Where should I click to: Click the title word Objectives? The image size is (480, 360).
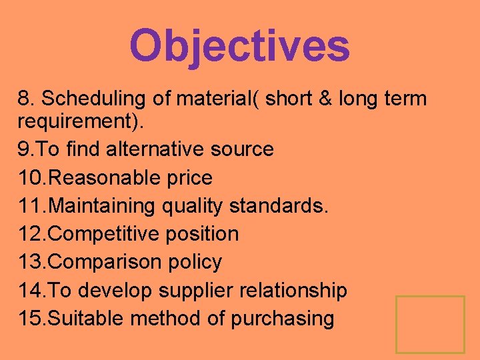239,45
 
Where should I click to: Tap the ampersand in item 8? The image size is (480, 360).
325,99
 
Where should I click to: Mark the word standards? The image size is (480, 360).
278,206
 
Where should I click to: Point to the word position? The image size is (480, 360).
203,234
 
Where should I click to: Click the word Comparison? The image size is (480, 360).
101,262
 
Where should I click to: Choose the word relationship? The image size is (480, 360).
303,291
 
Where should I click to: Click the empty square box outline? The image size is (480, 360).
430,324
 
